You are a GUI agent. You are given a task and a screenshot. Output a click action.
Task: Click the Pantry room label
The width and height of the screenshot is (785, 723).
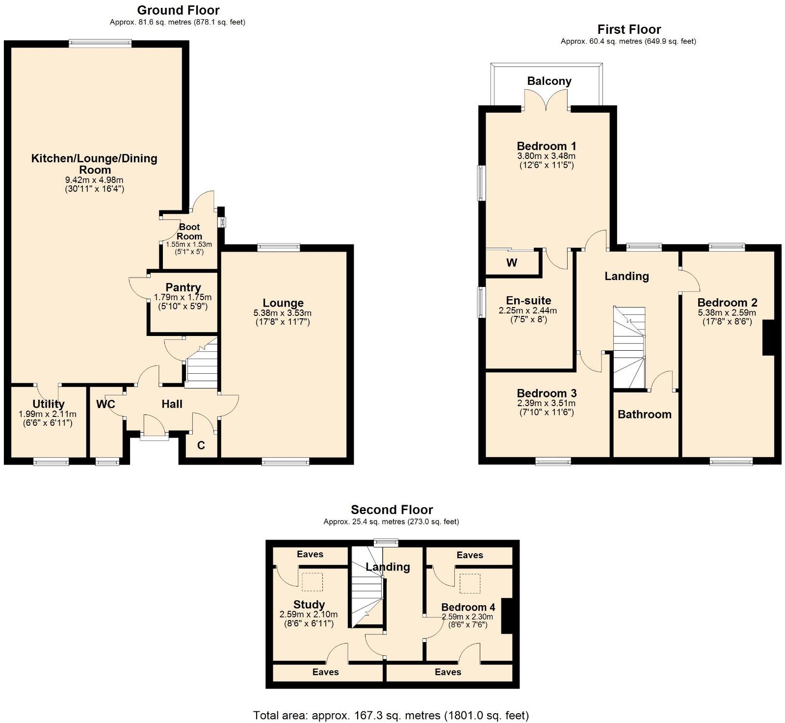183,287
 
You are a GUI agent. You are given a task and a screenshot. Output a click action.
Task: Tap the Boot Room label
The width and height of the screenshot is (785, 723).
189,232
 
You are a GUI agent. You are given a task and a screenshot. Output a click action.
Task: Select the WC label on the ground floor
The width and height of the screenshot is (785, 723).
105,404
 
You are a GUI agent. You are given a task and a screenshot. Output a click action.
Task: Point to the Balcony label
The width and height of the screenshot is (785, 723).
549,81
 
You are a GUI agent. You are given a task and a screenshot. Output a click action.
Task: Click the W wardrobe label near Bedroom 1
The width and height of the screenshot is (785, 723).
512,262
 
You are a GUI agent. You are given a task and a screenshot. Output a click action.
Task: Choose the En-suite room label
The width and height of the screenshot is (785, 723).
528,301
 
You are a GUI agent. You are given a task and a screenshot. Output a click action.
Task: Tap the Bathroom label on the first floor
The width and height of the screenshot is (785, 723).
644,414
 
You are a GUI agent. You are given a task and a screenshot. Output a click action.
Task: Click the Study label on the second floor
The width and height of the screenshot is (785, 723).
309,605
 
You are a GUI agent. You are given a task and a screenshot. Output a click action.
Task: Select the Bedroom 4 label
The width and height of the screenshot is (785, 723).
468,607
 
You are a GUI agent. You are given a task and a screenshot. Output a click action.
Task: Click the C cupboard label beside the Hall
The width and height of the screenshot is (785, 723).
201,446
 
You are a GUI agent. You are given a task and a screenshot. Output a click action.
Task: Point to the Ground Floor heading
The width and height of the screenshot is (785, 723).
178,10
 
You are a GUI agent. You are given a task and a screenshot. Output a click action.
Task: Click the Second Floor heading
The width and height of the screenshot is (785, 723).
392,510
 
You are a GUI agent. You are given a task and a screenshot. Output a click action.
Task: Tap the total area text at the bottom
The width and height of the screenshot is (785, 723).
391,715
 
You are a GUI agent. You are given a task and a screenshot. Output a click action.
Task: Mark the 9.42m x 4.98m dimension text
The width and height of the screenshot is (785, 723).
95,180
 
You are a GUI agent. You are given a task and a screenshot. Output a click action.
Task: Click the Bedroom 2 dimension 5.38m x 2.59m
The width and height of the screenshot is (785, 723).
727,312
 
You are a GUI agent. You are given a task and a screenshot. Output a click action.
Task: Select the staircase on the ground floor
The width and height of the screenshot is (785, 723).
201,363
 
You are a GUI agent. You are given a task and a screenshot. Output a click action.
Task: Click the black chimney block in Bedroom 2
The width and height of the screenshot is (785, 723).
768,337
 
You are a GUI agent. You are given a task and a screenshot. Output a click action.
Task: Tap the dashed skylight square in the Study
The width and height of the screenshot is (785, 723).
312,583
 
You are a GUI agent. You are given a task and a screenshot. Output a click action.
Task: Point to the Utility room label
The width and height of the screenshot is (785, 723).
49,404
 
